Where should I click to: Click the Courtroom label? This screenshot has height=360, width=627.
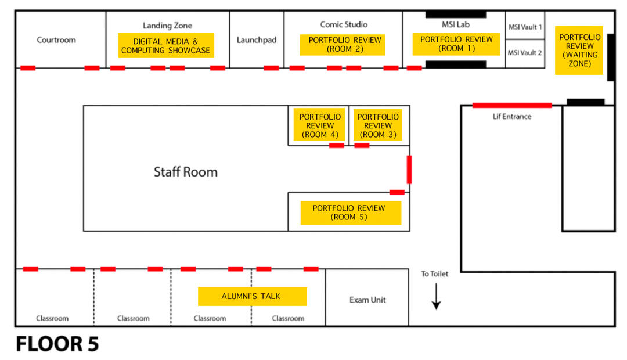point(56,40)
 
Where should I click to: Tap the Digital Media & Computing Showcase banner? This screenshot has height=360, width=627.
point(166,46)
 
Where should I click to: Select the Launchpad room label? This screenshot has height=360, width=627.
point(257,40)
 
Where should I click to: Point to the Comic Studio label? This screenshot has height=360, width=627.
point(344,24)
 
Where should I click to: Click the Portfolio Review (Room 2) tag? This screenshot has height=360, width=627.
point(343,45)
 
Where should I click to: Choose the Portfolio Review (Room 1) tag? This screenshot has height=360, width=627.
point(456,44)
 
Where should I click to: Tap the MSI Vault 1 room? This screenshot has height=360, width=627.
point(525,27)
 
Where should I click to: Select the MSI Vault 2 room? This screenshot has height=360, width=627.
point(525,53)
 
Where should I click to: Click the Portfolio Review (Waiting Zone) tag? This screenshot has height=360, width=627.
point(579,51)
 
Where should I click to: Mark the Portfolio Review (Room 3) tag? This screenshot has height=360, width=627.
point(378,125)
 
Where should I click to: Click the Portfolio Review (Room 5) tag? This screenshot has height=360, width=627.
point(351,213)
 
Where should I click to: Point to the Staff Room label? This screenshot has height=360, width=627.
point(185,172)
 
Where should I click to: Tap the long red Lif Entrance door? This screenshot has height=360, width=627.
point(512,105)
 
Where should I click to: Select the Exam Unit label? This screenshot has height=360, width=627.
point(367,300)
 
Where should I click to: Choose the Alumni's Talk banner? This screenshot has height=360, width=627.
point(252,296)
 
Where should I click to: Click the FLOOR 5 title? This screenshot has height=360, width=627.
point(57,344)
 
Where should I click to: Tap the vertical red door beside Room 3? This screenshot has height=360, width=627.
point(409,169)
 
